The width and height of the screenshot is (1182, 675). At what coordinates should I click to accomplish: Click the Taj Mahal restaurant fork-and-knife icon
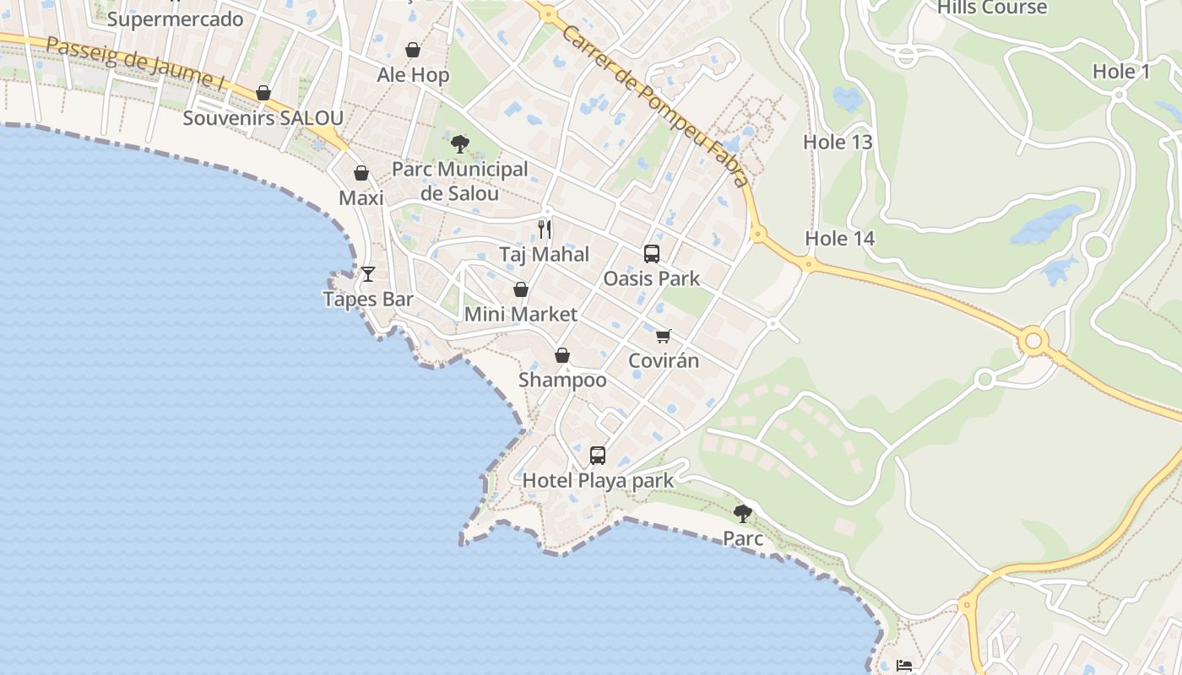(545, 229)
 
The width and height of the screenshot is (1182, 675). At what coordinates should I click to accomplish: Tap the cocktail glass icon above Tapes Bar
(368, 273)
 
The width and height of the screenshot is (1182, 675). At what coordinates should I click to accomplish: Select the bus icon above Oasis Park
(651, 253)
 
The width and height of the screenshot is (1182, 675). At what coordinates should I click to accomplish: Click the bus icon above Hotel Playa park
(598, 456)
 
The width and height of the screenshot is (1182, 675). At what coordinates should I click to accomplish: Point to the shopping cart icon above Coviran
(664, 336)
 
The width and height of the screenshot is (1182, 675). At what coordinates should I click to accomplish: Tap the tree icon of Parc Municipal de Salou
(460, 143)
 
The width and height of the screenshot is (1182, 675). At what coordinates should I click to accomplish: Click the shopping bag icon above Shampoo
(562, 355)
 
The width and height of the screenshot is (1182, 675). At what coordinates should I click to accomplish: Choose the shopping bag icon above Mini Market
(521, 289)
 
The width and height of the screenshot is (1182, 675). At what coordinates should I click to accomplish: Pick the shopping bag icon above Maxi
(361, 173)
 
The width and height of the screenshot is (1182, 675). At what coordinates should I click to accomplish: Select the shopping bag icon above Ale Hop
(413, 50)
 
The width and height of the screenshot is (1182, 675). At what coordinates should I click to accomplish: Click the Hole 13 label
(838, 142)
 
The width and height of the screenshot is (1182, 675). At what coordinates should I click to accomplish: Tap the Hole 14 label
(839, 239)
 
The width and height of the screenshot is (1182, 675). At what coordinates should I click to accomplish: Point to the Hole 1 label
(1121, 72)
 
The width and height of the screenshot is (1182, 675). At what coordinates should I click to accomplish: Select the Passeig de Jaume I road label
(135, 65)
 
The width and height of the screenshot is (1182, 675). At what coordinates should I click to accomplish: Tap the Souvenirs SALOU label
(263, 117)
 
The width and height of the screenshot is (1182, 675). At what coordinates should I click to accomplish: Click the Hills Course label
(992, 8)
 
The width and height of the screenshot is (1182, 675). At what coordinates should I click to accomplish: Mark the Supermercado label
(175, 19)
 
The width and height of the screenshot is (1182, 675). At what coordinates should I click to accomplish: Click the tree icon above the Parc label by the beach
(743, 513)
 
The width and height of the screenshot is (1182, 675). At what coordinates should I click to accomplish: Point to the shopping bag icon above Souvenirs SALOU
(263, 93)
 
